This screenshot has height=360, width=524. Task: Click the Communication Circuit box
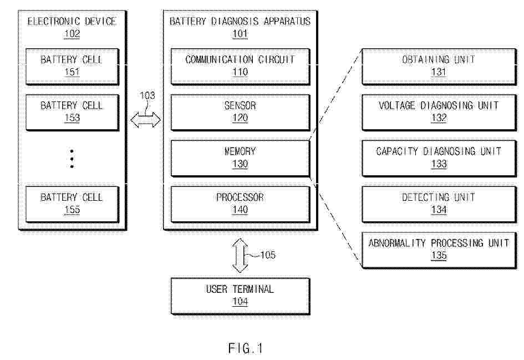[240, 66]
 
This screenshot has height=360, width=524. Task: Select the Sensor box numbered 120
[240, 112]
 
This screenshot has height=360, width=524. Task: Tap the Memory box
[240, 158]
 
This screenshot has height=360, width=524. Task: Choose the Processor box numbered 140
[240, 204]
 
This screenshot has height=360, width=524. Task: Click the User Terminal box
[240, 296]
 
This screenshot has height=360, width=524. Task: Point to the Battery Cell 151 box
[72, 66]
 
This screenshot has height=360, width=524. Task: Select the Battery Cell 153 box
[72, 112]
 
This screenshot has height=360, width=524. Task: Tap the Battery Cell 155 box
[72, 204]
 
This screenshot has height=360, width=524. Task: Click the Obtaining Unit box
[439, 66]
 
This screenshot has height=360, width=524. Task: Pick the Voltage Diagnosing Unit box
[439, 112]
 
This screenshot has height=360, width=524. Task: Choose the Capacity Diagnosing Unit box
[439, 158]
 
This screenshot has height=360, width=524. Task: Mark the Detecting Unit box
[439, 204]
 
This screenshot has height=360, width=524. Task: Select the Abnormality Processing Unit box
[439, 250]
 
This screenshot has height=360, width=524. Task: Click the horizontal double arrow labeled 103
[145, 120]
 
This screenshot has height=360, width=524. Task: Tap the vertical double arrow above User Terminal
[240, 255]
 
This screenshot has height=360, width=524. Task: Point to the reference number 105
[268, 255]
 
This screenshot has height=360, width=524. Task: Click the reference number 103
[147, 95]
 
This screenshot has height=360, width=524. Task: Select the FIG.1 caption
[246, 348]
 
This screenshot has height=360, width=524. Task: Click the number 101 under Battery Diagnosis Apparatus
[240, 34]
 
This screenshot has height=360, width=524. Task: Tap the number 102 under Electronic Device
[72, 34]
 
